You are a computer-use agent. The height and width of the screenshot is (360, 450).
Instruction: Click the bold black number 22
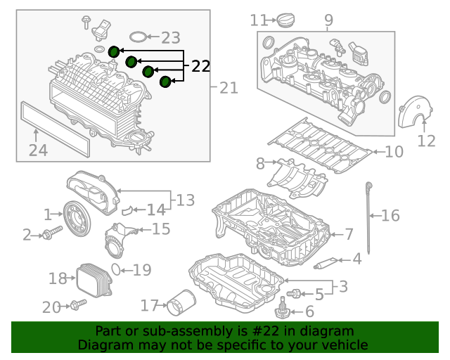[200, 66]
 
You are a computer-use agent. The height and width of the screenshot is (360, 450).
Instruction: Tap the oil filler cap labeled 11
[286, 20]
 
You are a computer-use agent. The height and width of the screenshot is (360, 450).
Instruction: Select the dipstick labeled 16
[368, 217]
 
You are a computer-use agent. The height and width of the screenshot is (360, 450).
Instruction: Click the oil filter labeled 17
[181, 303]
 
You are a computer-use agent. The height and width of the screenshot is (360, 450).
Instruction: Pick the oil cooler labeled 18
[94, 280]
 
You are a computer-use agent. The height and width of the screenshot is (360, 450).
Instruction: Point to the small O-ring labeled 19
[116, 269]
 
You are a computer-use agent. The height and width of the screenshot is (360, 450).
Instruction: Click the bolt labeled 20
[78, 304]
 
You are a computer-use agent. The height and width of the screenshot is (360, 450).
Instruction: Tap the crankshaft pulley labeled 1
[77, 219]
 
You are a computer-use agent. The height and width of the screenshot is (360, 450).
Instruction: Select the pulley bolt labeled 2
[52, 233]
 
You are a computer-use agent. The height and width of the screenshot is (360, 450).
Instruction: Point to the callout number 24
[38, 150]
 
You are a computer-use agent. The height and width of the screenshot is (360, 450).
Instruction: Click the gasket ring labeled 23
[138, 37]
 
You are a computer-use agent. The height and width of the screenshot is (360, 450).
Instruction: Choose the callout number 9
[329, 20]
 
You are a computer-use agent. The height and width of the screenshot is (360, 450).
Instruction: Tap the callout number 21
[229, 88]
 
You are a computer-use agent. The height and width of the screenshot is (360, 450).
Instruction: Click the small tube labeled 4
[326, 263]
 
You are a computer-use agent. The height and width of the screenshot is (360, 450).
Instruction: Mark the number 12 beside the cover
[426, 141]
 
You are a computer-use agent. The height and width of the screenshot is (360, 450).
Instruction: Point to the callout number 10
[394, 152]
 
